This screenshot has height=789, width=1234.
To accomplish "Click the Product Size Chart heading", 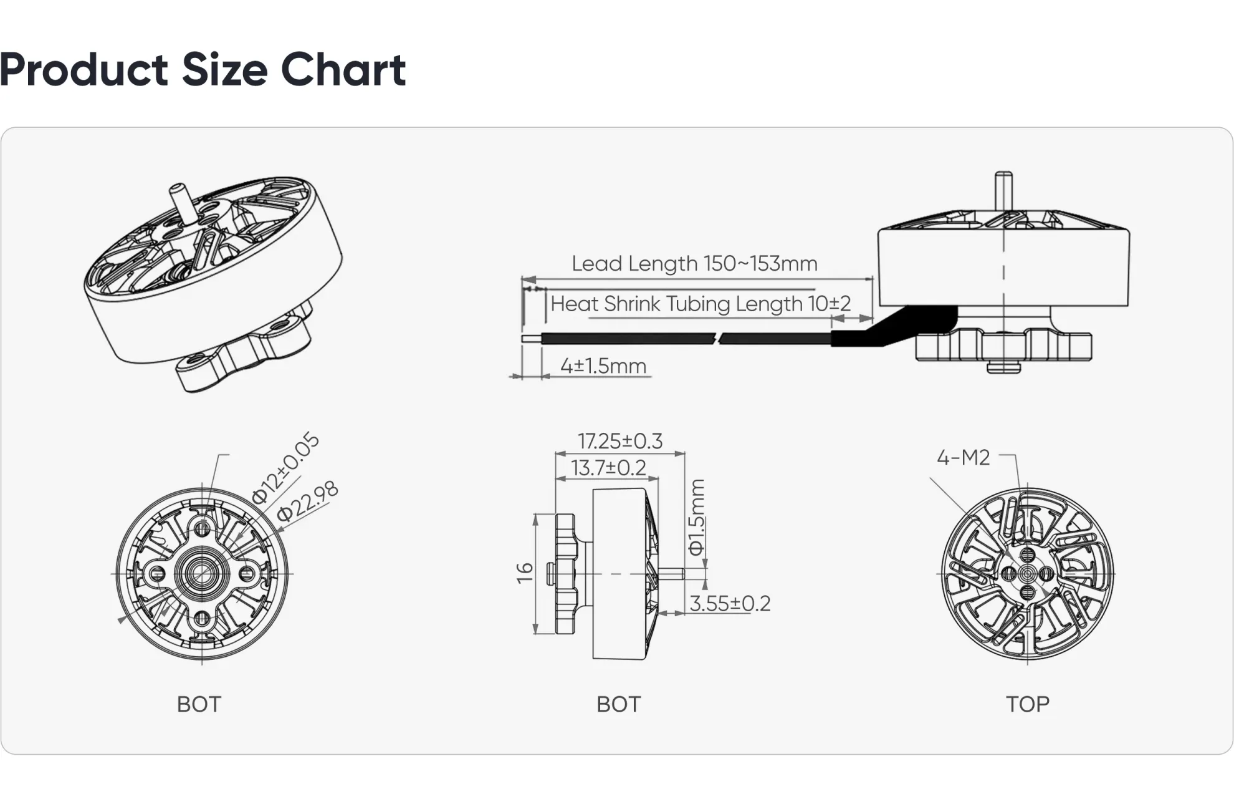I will [x=203, y=69].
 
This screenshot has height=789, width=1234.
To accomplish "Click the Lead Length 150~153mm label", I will [x=694, y=264].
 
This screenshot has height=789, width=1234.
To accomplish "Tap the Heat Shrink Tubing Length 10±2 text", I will [x=701, y=304].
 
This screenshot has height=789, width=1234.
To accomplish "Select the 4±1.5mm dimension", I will [x=603, y=365].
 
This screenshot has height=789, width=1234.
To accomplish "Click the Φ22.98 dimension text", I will [x=308, y=501].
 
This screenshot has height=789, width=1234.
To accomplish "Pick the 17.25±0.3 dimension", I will [x=619, y=441].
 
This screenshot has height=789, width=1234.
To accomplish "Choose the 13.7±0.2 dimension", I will [x=608, y=468].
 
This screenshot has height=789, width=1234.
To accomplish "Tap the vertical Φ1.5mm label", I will [x=696, y=517].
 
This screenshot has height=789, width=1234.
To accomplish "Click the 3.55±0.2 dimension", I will [x=730, y=604].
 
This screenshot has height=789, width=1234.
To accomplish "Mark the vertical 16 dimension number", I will [x=525, y=573].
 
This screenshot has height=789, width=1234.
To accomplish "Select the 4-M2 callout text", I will [x=963, y=458].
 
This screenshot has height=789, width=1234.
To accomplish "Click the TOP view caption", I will [x=1027, y=704].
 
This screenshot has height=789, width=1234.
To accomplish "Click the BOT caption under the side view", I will [x=618, y=704].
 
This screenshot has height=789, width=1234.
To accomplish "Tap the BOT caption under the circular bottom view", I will [x=199, y=704].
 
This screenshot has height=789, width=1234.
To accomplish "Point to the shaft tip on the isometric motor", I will [x=178, y=188].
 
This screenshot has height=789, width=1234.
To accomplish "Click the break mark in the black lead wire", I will [x=721, y=339].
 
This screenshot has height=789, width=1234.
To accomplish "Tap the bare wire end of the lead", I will [x=531, y=339].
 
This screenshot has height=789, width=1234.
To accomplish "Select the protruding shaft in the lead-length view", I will [x=1003, y=190].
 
